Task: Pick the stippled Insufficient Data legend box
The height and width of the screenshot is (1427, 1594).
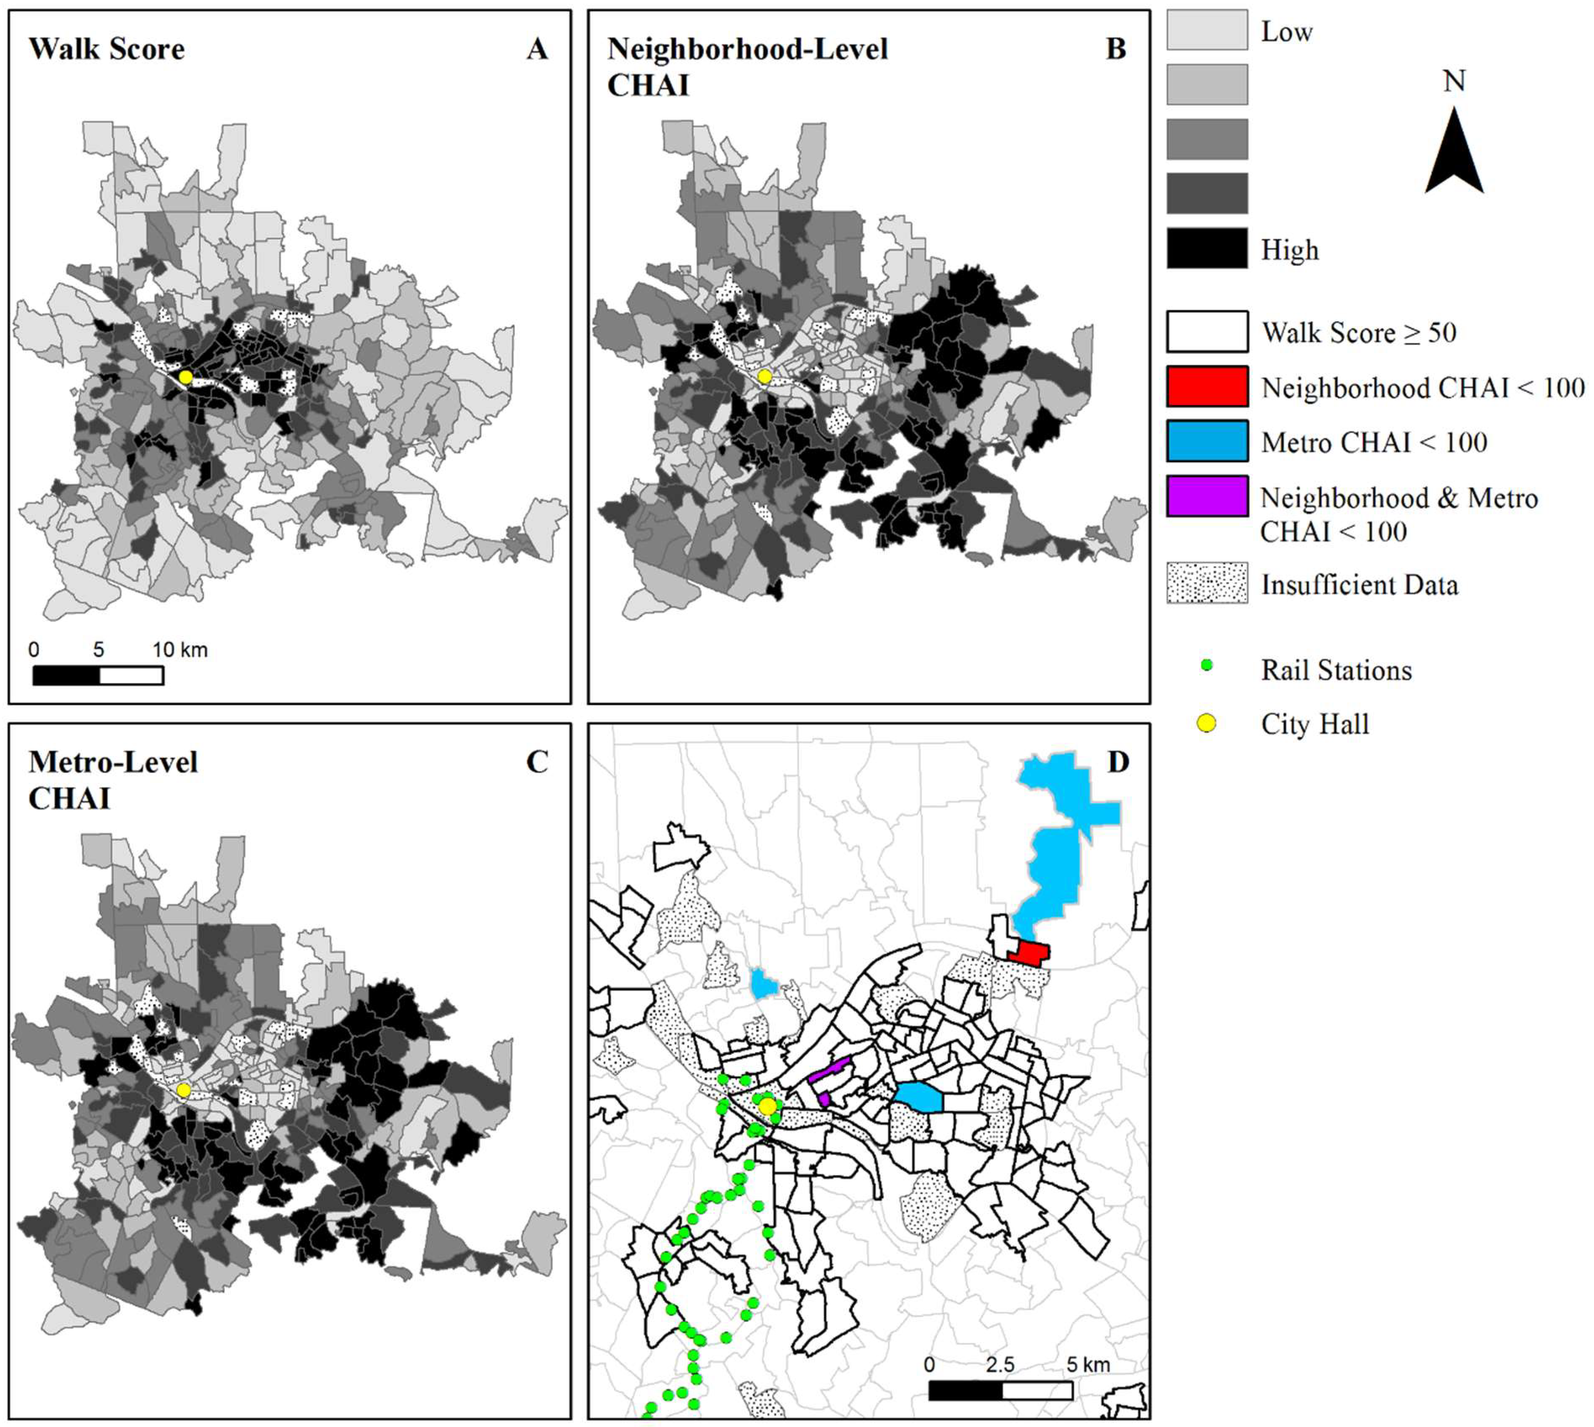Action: [1207, 583]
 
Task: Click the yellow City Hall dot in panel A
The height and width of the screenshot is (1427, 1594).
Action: [185, 377]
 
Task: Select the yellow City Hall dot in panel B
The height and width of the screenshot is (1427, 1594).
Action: [765, 377]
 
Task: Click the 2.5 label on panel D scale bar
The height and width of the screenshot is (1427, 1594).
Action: [1000, 1365]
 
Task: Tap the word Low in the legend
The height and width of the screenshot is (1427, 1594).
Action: [1286, 32]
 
